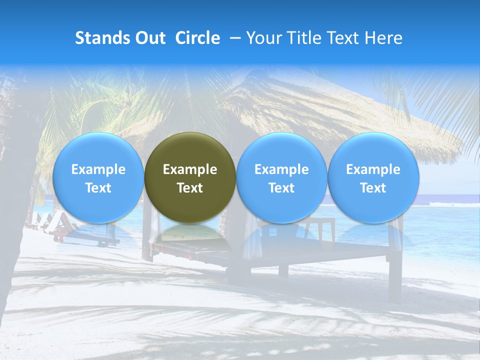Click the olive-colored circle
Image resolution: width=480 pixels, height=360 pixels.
pyautogui.click(x=190, y=177)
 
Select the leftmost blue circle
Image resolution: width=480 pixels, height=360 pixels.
pyautogui.click(x=98, y=177)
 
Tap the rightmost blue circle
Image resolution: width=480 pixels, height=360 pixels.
pyautogui.click(x=373, y=177)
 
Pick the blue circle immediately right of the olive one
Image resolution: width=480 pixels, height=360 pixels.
pyautogui.click(x=281, y=177)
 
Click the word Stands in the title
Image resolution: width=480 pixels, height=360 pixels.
pyautogui.click(x=100, y=38)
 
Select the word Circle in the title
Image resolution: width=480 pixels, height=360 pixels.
pyautogui.click(x=197, y=38)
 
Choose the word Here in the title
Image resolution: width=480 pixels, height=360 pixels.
pyautogui.click(x=383, y=38)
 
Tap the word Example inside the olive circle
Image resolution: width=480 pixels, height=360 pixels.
pyautogui.click(x=190, y=169)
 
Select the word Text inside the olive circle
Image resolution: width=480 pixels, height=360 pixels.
pyautogui.click(x=190, y=188)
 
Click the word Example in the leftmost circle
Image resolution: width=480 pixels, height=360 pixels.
pyautogui.click(x=98, y=169)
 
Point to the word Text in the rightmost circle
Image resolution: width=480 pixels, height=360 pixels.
pyautogui.click(x=373, y=188)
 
